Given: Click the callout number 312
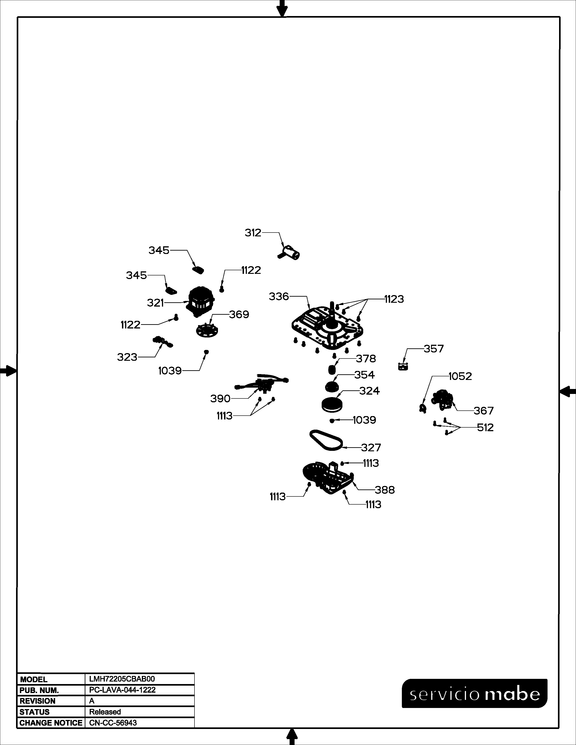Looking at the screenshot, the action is pos(253,233).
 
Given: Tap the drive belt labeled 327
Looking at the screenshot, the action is pos(326,441).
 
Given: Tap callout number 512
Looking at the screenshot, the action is pos(485,428).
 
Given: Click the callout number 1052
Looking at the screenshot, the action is pos(460,376).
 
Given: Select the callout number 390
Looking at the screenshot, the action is pos(220,398).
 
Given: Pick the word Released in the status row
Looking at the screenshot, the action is pos(105,712).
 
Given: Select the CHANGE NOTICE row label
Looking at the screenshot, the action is pos(51,723).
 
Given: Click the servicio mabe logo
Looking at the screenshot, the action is pos(475,694).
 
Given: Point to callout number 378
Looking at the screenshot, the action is pos(366,359).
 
